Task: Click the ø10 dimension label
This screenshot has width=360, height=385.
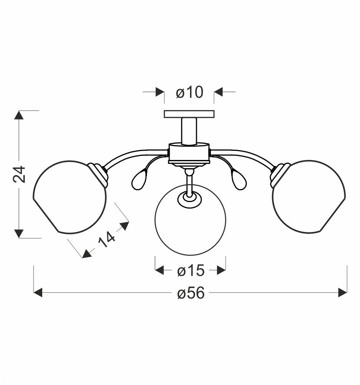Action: coord(190,92)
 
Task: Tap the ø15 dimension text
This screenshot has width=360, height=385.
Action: coord(191,271)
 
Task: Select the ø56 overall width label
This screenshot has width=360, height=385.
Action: coord(191,293)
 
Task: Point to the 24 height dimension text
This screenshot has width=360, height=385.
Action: coord(19,174)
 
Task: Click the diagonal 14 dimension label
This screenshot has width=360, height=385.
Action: coord(107,239)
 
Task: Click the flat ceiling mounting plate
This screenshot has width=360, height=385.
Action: coord(189,114)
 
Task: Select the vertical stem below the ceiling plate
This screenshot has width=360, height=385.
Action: coord(189,131)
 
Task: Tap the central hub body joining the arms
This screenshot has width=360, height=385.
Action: coord(189,153)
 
